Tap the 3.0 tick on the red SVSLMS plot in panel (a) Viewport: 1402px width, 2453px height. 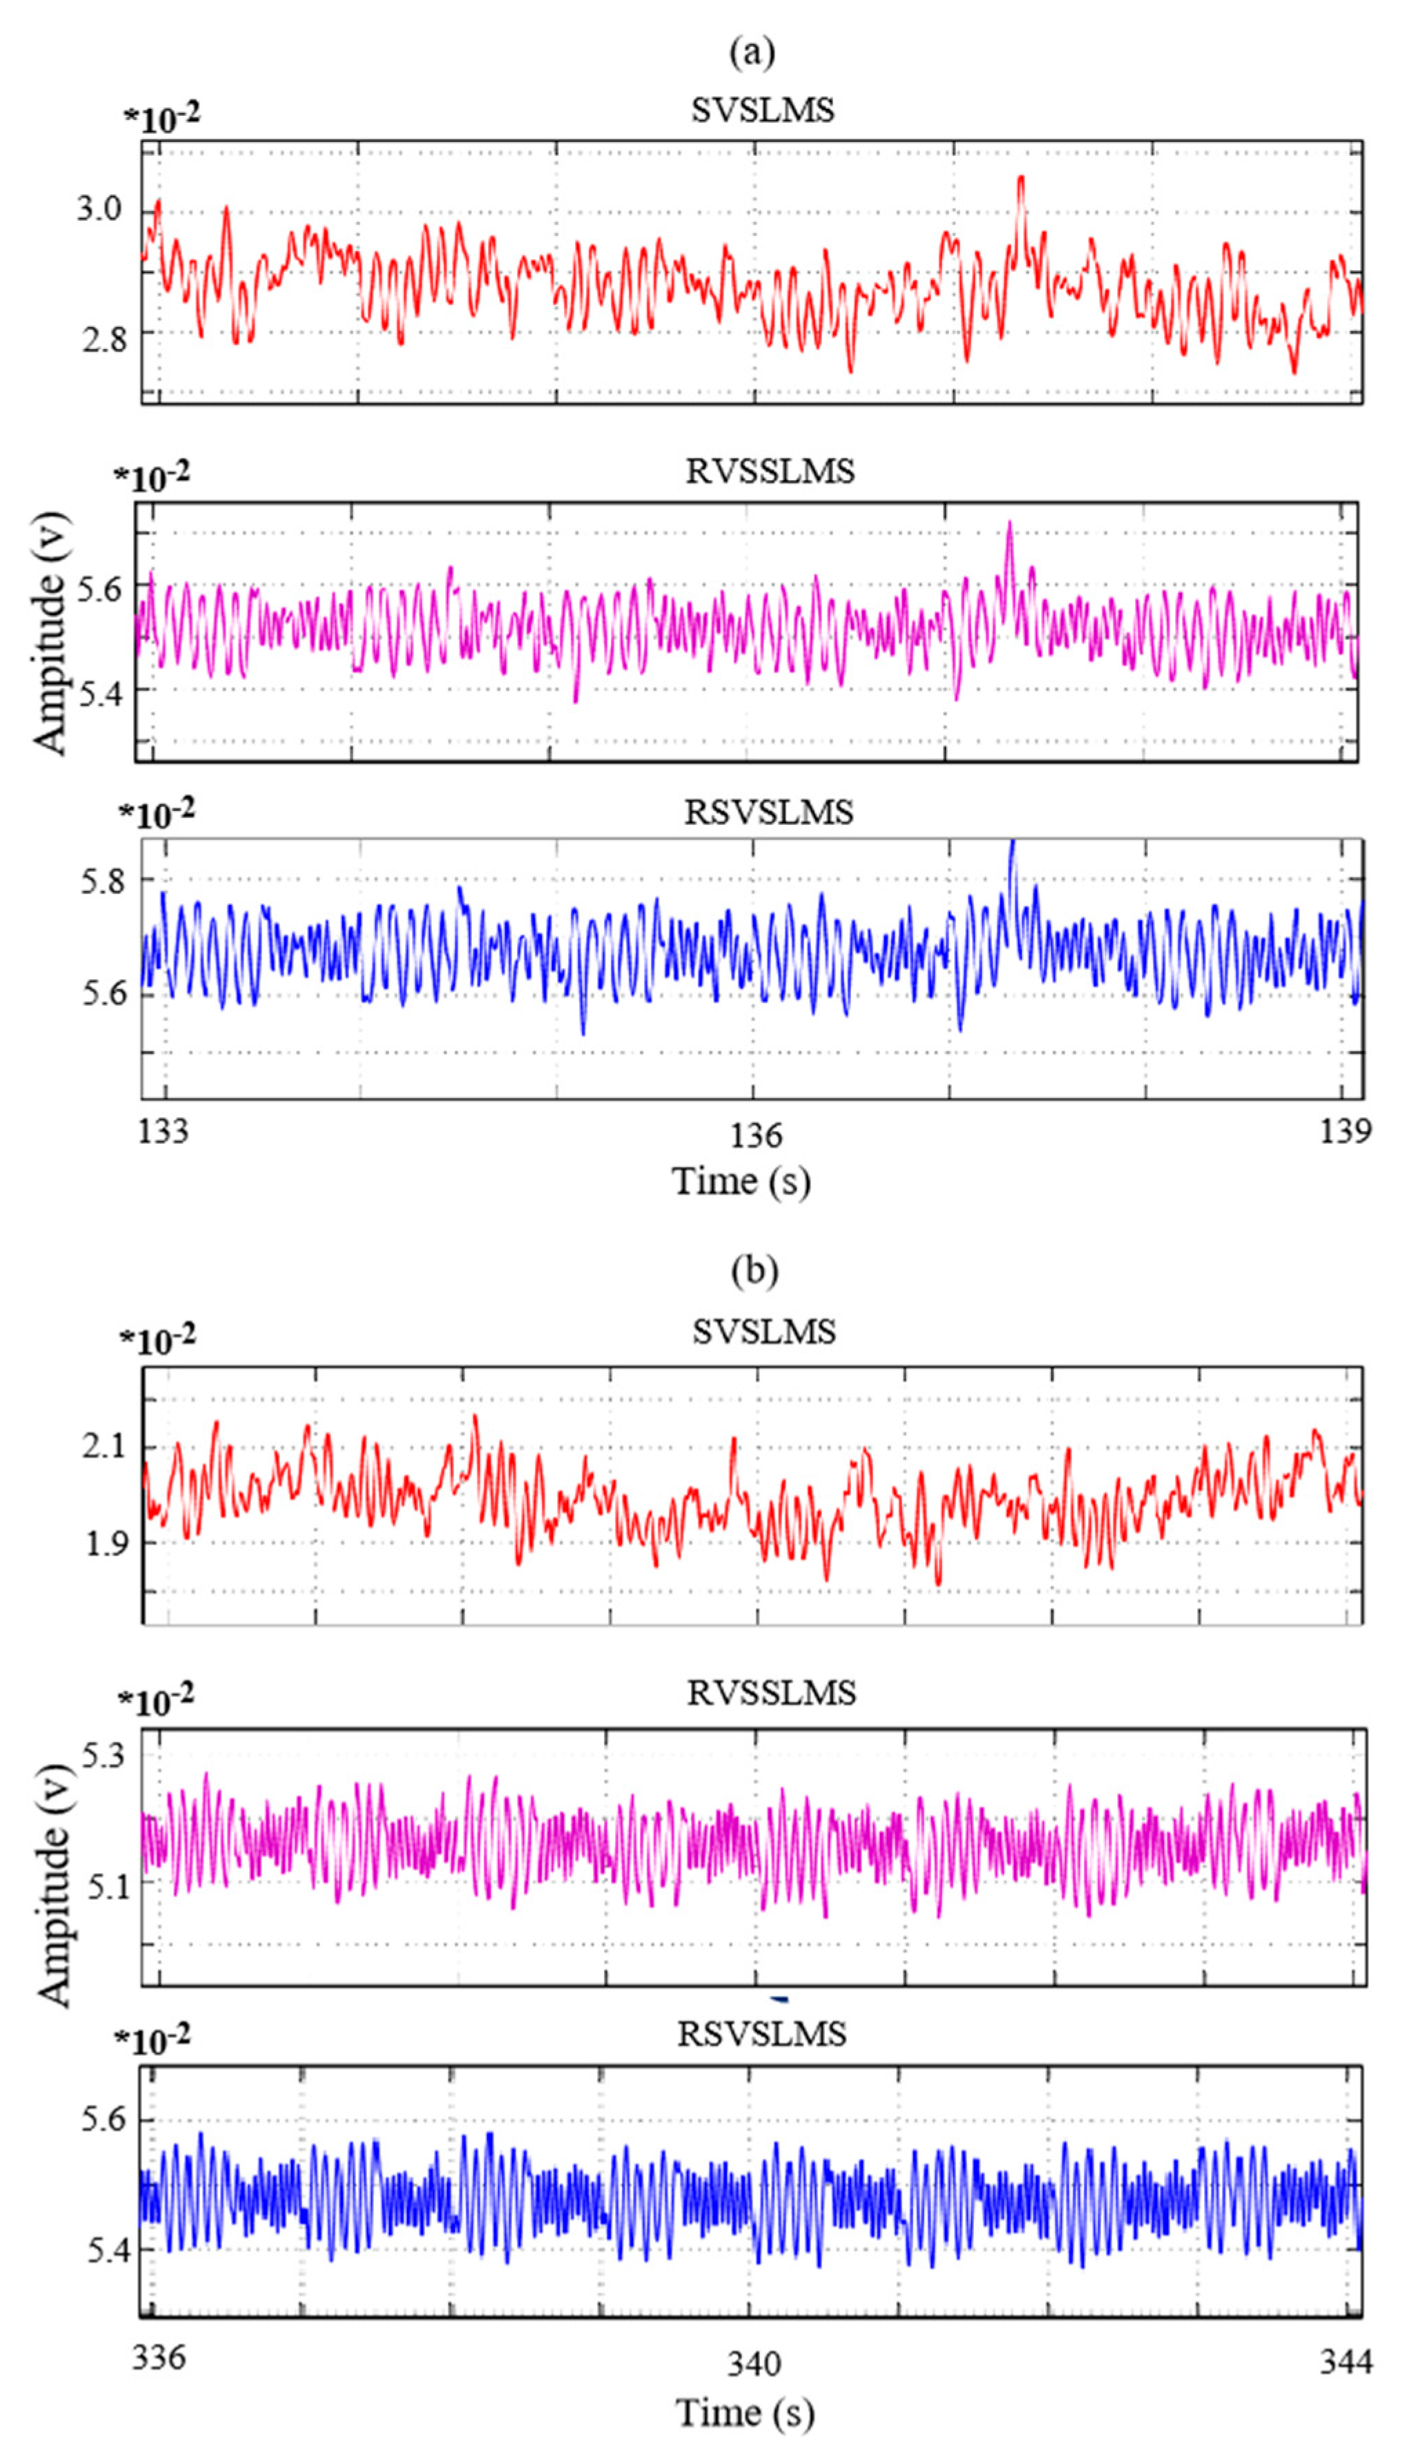[x=100, y=209]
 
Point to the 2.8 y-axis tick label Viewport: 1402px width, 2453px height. [x=103, y=339]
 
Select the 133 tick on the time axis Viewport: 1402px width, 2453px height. [x=163, y=1130]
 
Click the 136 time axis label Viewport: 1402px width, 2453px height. [x=755, y=1135]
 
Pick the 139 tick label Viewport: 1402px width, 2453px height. [x=1344, y=1130]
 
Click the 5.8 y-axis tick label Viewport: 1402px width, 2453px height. [x=104, y=881]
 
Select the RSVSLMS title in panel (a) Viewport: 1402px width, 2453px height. [x=768, y=812]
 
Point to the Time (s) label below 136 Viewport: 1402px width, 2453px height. [x=741, y=1181]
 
